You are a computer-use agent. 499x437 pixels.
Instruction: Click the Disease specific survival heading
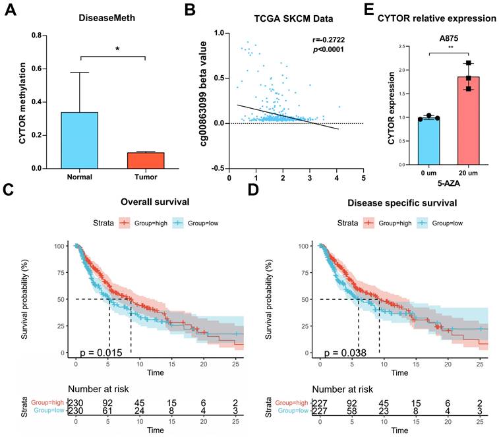pos(394,202)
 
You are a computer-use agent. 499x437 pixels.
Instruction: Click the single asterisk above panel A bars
pos(117,49)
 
